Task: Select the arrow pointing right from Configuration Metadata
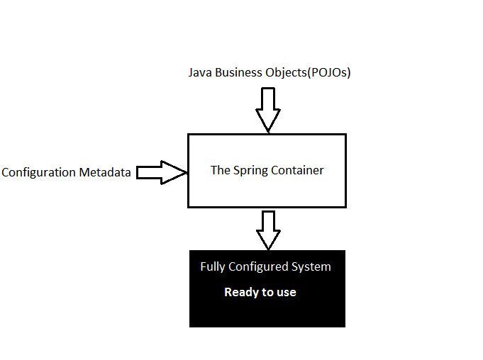tap(161, 171)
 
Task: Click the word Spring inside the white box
tap(249, 170)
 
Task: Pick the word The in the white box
tap(220, 170)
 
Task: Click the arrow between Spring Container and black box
tap(267, 229)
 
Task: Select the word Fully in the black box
tap(212, 267)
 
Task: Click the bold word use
tap(286, 292)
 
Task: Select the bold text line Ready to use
tap(260, 292)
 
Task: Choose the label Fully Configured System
tap(265, 267)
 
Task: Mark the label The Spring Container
tap(267, 170)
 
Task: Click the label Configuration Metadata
tap(66, 172)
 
